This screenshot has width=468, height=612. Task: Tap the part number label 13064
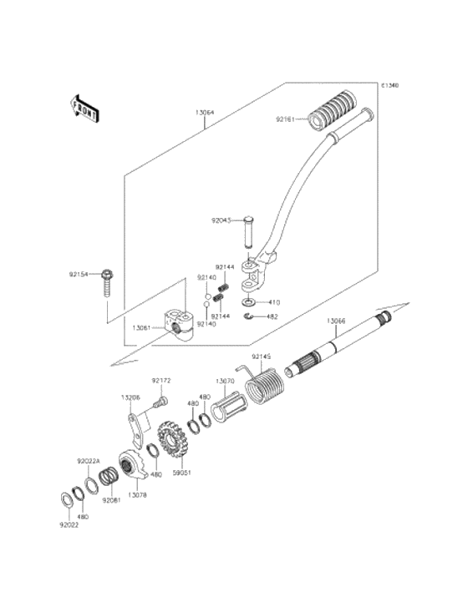[x=206, y=112]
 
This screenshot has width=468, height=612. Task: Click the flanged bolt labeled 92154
[x=107, y=284]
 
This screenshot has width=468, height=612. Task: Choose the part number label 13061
[x=143, y=328]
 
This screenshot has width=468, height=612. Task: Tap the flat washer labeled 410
[x=248, y=301]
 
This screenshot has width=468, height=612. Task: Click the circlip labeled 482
[x=248, y=316]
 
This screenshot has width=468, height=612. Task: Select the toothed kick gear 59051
[x=172, y=441]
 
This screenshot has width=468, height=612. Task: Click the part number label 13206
[x=130, y=397]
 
